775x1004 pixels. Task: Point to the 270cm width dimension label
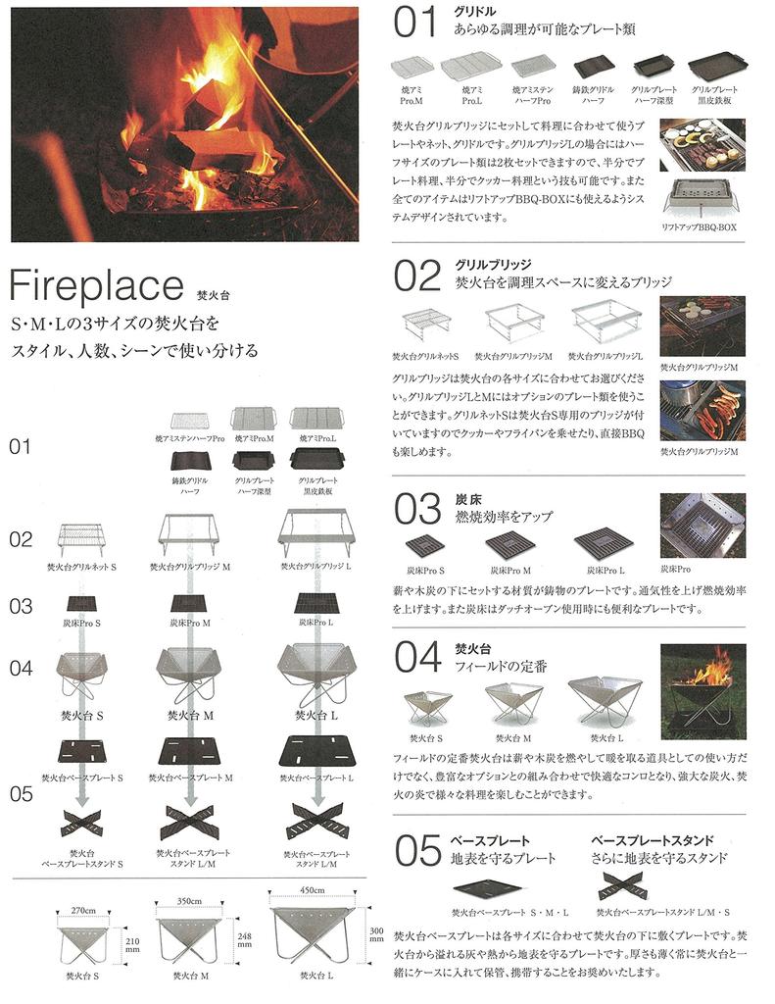pos(82,910)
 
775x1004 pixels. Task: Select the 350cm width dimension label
pos(192,898)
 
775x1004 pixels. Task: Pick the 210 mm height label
pos(133,944)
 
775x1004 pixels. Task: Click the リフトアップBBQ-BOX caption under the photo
pos(700,226)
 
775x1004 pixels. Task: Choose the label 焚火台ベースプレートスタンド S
pos(81,859)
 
